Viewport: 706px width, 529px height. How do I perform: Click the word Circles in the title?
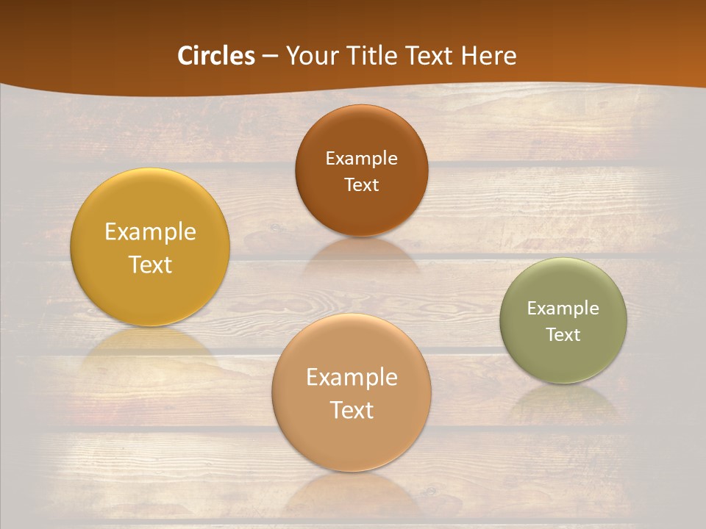pyautogui.click(x=216, y=56)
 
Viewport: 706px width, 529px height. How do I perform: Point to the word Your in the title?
pyautogui.click(x=307, y=56)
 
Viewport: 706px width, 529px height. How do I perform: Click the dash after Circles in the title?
pyautogui.click(x=270, y=57)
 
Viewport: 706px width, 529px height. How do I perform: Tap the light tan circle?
pyautogui.click(x=352, y=441)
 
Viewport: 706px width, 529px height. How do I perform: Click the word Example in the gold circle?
pyautogui.click(x=150, y=232)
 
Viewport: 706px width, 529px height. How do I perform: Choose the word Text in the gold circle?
pyautogui.click(x=150, y=264)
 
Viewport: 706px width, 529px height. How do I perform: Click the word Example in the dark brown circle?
pyautogui.click(x=361, y=159)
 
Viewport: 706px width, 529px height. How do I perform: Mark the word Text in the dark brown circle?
pyautogui.click(x=361, y=185)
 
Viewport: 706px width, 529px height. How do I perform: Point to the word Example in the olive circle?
pyautogui.click(x=563, y=309)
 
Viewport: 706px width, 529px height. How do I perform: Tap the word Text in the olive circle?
pyautogui.click(x=563, y=335)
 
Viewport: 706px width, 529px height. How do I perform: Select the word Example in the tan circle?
pyautogui.click(x=352, y=378)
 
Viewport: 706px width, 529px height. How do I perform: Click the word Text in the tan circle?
pyautogui.click(x=352, y=410)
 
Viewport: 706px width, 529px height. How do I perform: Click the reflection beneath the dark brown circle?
pyautogui.click(x=361, y=254)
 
